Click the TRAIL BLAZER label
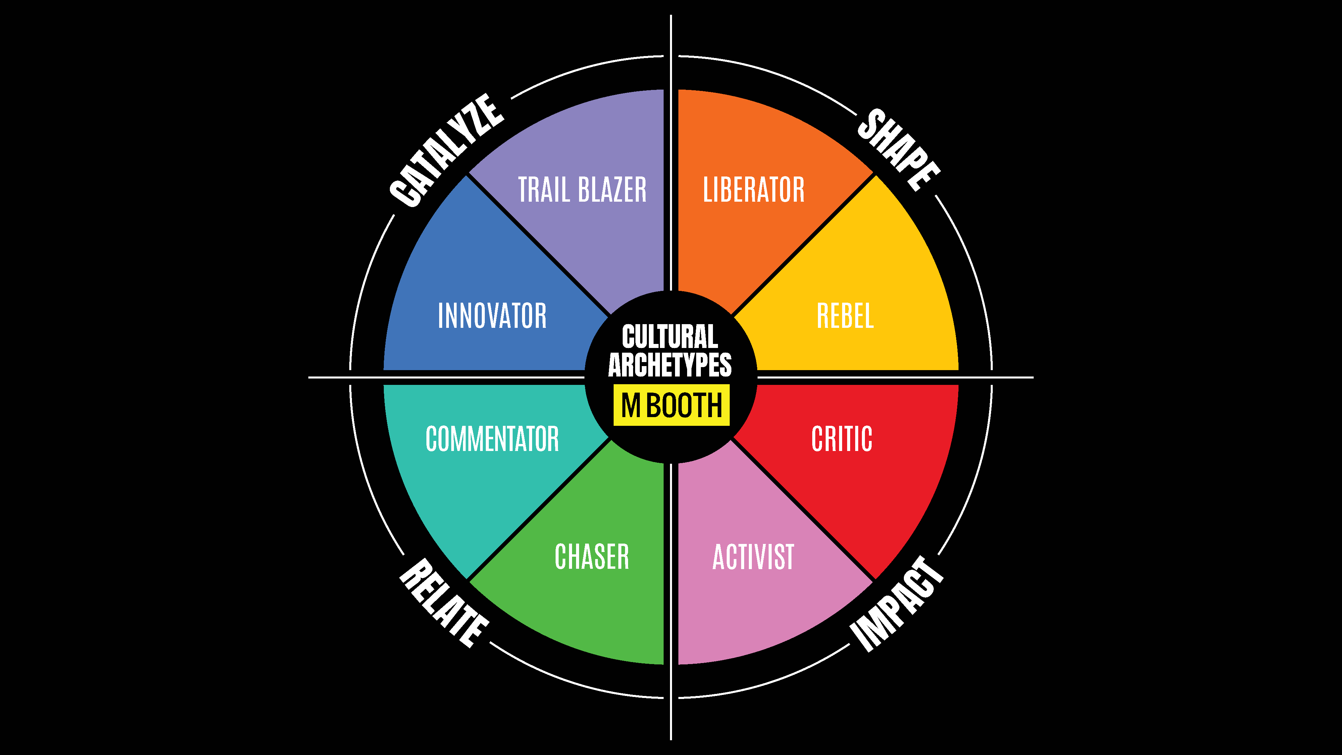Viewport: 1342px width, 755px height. click(x=582, y=189)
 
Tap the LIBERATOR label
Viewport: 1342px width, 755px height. click(x=753, y=189)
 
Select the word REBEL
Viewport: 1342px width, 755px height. click(x=845, y=316)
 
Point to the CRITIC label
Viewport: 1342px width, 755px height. click(x=842, y=438)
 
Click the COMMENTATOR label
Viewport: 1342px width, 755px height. click(x=492, y=438)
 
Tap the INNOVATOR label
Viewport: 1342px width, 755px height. click(x=492, y=316)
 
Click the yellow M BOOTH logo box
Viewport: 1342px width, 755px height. click(x=671, y=405)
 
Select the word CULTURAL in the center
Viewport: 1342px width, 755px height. click(x=670, y=336)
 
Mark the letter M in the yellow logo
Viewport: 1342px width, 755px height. click(x=631, y=405)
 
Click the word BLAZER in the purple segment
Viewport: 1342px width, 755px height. click(x=612, y=189)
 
